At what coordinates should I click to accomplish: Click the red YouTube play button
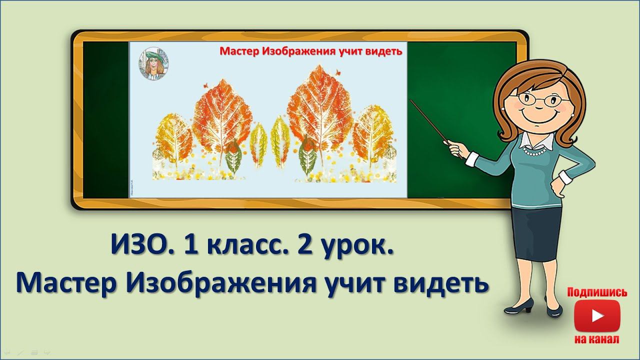(x=597, y=315)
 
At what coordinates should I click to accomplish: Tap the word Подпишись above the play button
(x=597, y=292)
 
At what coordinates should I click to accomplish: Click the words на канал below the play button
(x=597, y=339)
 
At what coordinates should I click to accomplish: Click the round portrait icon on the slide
(x=153, y=63)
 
